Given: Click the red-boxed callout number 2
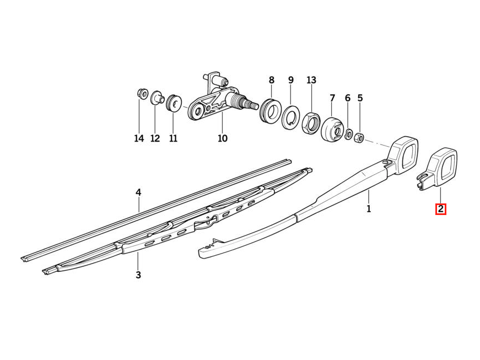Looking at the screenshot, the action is click(441, 209).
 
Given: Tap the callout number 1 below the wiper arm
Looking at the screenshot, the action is click(369, 209).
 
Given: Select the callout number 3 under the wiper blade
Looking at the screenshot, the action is click(138, 275).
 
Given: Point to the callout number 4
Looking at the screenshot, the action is click(138, 192).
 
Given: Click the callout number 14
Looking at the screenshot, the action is click(139, 138).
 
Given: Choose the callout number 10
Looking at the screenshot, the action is click(223, 138).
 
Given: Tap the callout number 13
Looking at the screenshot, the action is click(311, 80).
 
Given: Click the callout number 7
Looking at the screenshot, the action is click(332, 98).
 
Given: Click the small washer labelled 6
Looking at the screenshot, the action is click(348, 134).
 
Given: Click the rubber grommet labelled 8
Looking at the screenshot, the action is click(270, 110).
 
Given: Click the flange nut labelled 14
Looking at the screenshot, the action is click(142, 93).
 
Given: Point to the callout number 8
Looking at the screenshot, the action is click(272, 80).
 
